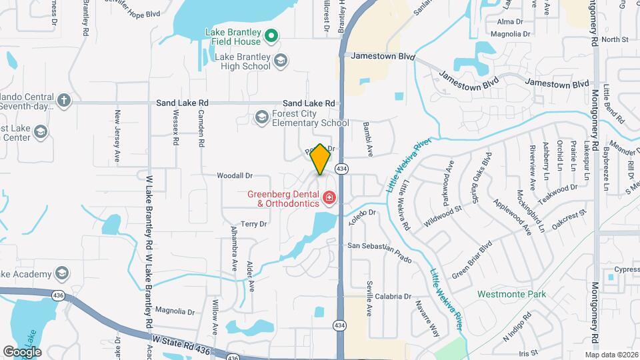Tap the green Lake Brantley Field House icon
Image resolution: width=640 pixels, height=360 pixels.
(271, 35)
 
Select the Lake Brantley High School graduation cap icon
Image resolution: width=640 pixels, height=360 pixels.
(281, 61)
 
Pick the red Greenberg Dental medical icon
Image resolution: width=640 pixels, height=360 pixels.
(329, 197)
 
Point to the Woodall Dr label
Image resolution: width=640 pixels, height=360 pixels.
(235, 175)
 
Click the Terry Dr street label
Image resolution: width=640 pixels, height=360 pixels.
(253, 224)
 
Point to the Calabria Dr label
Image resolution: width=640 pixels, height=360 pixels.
(393, 296)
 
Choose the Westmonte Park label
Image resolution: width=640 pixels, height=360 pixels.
(511, 294)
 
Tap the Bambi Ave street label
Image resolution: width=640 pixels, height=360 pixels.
(367, 138)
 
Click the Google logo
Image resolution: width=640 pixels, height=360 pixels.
(22, 351)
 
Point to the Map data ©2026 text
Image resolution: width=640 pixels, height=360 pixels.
(611, 355)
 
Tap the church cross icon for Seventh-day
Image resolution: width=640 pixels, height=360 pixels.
(63, 100)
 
